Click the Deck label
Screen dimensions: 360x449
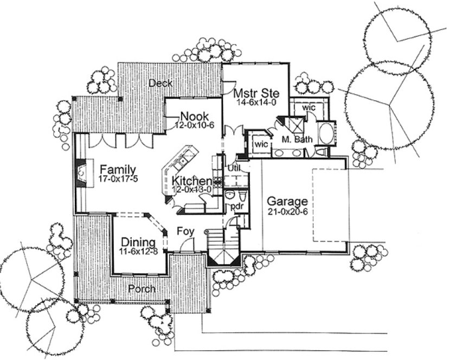click(161, 83)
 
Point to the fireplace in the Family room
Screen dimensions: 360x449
click(80, 173)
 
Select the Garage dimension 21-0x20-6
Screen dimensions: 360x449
click(287, 212)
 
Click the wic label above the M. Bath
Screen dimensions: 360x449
click(308, 107)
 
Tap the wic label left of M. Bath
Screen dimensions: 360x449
click(261, 145)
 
